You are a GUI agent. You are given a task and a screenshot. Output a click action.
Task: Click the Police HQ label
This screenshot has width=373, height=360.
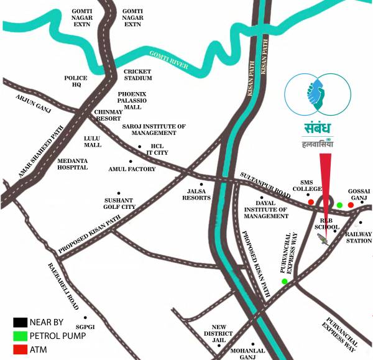point(76,81)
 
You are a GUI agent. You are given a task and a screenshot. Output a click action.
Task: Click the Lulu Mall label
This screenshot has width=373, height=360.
point(93,141)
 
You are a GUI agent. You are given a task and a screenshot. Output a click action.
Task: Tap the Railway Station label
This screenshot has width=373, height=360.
point(359,238)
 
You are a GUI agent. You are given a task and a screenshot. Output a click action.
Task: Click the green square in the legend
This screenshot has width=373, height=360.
point(18,336)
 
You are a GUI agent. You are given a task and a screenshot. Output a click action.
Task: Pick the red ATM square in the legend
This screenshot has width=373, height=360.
point(18,349)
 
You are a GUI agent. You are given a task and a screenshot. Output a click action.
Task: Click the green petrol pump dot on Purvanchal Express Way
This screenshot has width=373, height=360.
point(285,282)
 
